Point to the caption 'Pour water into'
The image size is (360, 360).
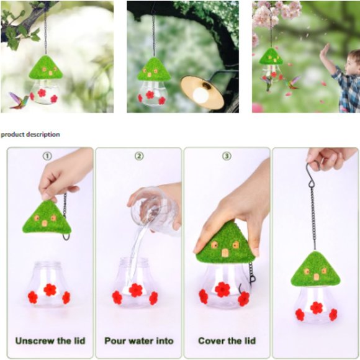click(139, 341)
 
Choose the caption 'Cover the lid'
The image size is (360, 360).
click(227, 341)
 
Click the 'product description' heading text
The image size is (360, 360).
click(30, 134)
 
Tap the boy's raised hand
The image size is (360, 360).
click(324, 52)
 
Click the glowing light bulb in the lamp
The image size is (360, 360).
click(200, 94)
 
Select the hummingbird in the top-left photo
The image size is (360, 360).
click(17, 99)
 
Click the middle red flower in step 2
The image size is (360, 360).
click(135, 290)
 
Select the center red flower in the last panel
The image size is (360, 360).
click(317, 307)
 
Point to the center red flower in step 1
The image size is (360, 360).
click(50, 289)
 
